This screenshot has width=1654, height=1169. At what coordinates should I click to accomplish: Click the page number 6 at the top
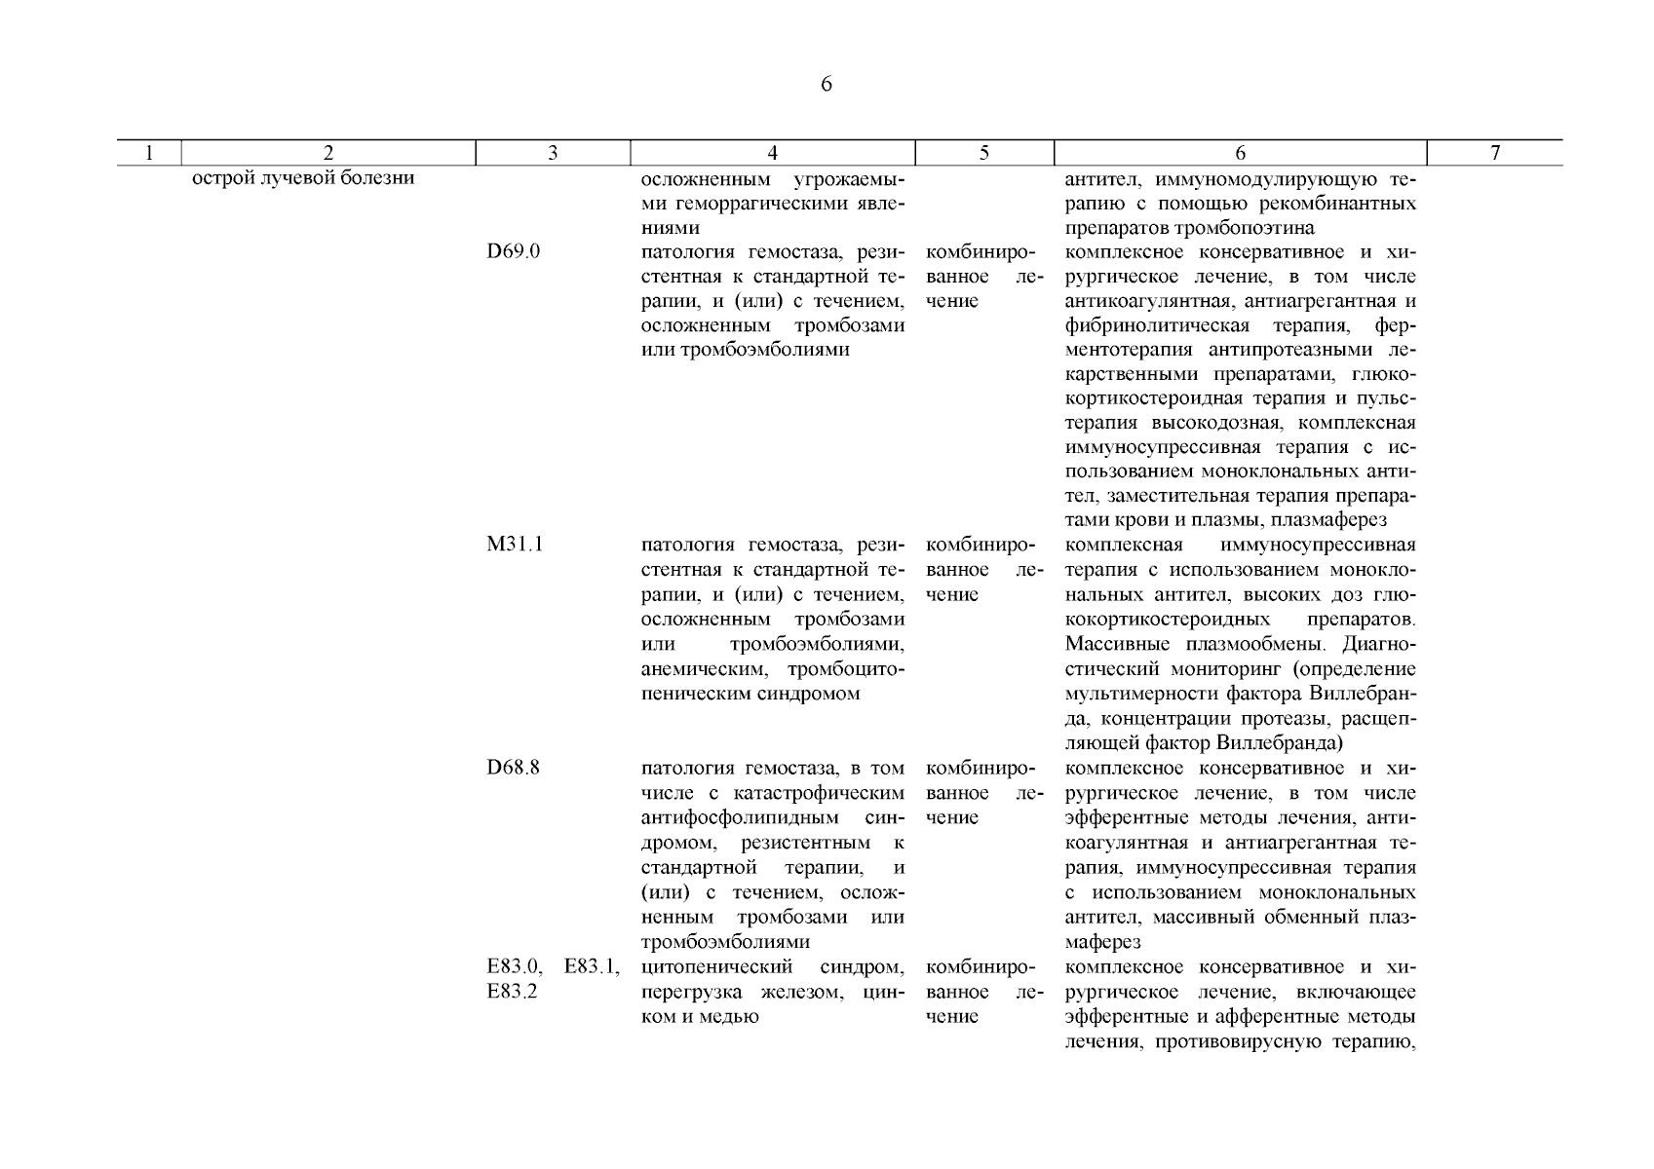click(827, 85)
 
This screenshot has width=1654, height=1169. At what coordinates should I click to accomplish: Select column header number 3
click(553, 153)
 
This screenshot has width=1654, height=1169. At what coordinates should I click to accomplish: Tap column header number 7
click(1495, 153)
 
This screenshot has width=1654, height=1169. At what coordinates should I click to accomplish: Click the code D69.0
click(514, 251)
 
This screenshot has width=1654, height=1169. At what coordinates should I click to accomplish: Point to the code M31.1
click(515, 545)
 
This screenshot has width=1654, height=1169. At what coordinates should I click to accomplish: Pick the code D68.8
click(514, 768)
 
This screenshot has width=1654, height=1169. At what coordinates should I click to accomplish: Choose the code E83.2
click(513, 992)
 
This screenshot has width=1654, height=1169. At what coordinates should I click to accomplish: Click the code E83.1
click(592, 967)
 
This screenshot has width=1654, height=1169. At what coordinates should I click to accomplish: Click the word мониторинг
click(1212, 669)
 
